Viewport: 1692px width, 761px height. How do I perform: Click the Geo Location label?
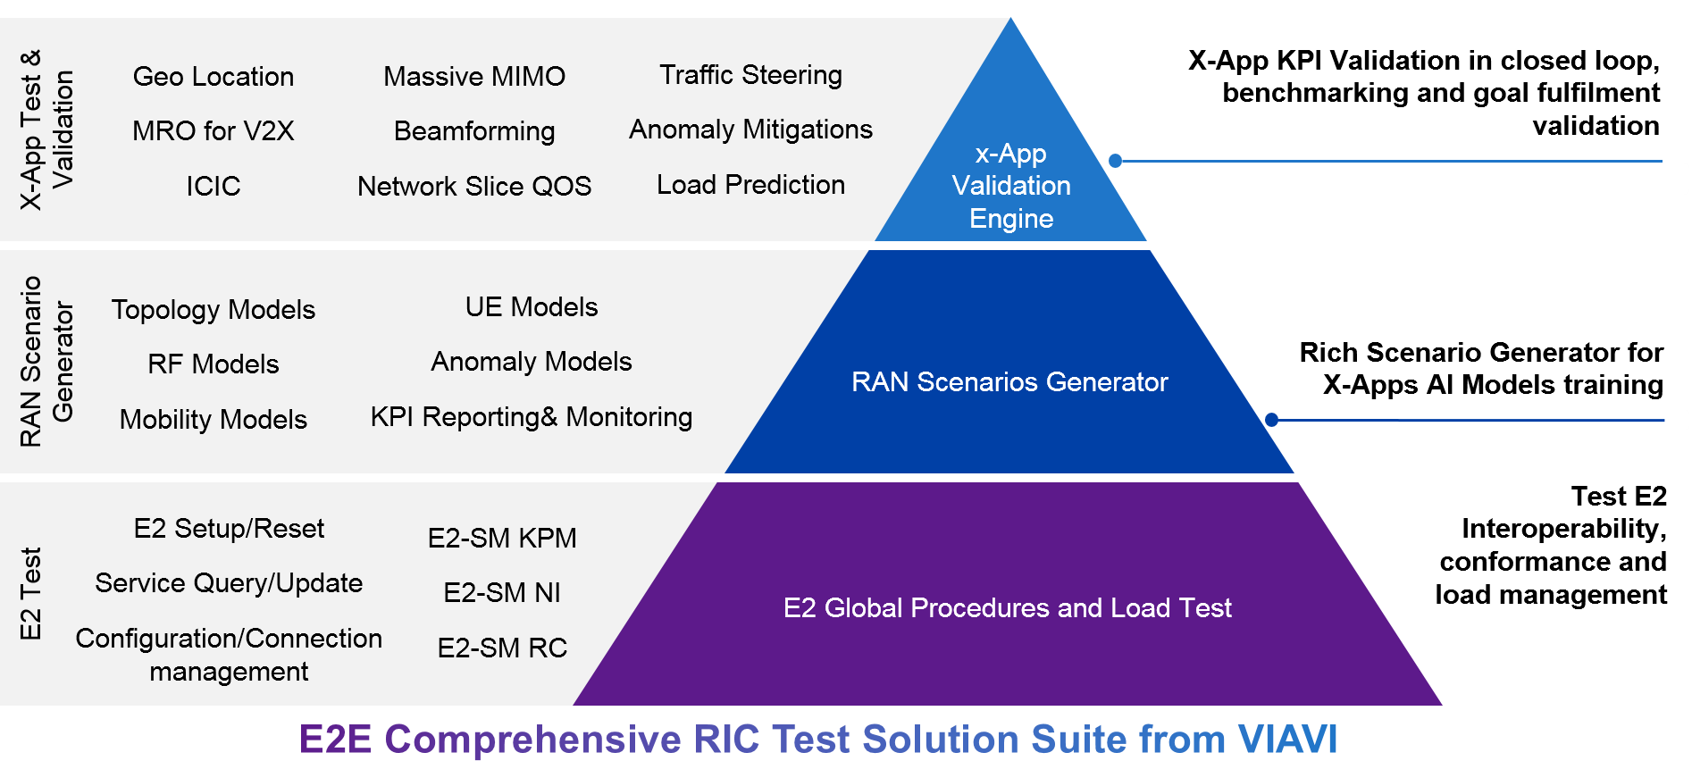214,77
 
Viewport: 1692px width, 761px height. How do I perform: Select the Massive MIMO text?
474,77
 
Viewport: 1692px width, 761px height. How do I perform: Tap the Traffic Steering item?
750,75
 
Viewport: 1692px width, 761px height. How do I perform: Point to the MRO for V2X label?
214,131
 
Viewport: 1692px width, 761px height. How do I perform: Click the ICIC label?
214,186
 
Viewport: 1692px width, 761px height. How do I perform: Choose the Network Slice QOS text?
474,186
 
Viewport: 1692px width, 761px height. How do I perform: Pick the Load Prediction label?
750,185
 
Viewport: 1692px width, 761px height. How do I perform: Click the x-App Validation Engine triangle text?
1011,186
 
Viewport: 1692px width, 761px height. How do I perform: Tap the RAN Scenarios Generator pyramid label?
1009,382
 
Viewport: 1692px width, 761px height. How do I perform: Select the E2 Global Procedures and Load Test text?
1007,608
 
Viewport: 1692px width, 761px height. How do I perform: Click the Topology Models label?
214,310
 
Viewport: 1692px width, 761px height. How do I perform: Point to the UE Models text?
532,307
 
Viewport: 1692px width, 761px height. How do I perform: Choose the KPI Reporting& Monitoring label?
532,417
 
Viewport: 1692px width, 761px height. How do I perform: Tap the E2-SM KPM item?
502,539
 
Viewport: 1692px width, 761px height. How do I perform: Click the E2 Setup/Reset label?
229,529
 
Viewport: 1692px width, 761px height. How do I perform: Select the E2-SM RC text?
502,648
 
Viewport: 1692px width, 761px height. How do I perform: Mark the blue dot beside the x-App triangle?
1115,161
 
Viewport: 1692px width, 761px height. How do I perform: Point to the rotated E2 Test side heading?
30,593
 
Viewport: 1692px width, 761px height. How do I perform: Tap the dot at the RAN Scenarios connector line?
1272,420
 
